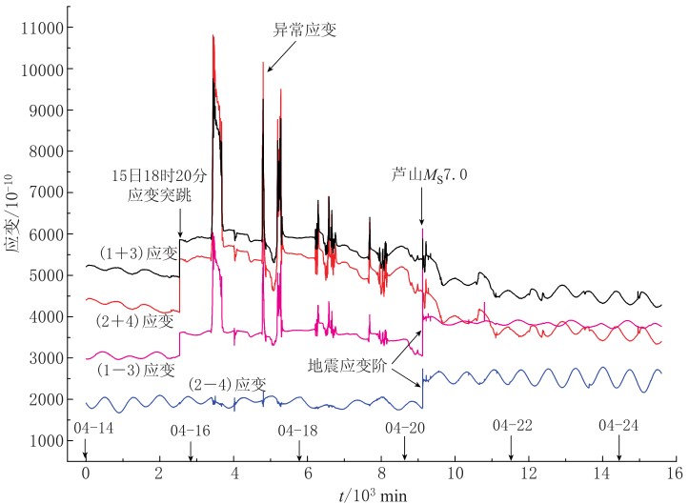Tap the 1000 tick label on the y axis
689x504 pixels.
pos(48,440)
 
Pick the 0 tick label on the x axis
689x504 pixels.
pos(85,470)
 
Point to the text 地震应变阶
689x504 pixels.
pos(347,365)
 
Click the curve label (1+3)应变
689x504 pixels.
pos(138,253)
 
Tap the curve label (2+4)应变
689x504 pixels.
pos(133,321)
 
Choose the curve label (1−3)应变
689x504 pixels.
pos(136,369)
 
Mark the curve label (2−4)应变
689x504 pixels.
pos(227,384)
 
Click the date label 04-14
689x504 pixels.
pos(92,429)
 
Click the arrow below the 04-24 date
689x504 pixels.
pos(618,451)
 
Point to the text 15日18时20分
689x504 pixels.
pos(152,177)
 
